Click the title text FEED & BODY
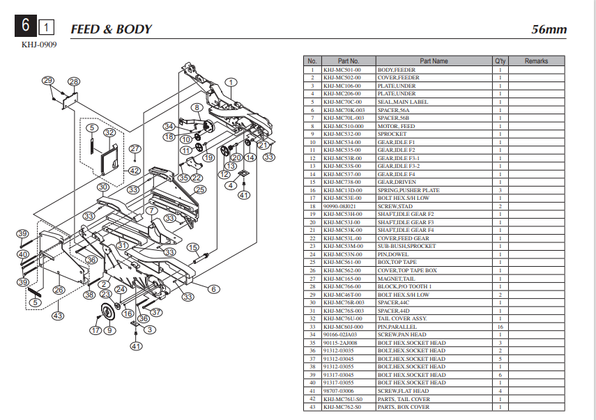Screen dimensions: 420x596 [x=111, y=29]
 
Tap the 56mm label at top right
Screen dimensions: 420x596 [x=549, y=29]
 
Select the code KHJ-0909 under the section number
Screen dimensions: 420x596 [x=39, y=45]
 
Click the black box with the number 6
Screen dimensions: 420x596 [x=25, y=26]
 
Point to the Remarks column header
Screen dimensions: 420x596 [x=536, y=61]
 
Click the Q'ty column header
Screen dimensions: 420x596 [x=500, y=61]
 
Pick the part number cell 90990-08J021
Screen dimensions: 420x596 [x=339, y=206]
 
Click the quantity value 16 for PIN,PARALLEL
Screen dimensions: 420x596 [x=500, y=327]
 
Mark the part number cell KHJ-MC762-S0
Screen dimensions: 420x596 [x=342, y=407]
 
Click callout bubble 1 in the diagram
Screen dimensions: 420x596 [x=229, y=84]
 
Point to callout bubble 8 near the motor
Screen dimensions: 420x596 [x=197, y=107]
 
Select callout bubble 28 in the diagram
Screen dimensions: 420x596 [x=73, y=81]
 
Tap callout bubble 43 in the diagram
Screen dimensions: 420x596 [x=57, y=316]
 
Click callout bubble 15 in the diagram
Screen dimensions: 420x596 [x=192, y=247]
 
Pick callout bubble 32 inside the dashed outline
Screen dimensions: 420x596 [x=109, y=132]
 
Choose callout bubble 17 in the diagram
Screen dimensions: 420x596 [x=95, y=330]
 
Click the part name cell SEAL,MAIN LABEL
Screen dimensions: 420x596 [x=403, y=102]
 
